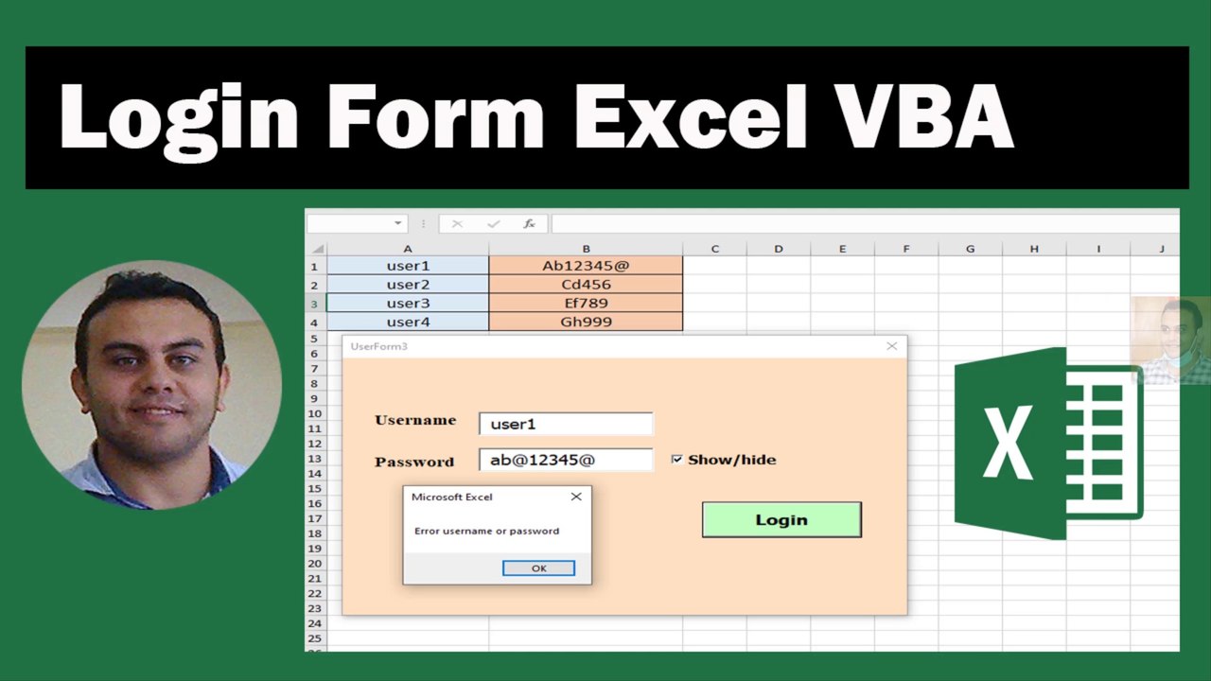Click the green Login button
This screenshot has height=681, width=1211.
(781, 519)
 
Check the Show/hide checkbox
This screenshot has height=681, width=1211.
(676, 460)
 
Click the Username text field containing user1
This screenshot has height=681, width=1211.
(566, 424)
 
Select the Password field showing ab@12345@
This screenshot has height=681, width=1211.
(566, 461)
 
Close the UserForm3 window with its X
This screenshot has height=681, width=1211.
(891, 346)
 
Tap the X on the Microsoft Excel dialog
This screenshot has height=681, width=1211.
(576, 497)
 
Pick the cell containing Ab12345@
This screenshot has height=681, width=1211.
(586, 266)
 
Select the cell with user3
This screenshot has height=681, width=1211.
(408, 304)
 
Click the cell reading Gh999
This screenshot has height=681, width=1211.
(586, 322)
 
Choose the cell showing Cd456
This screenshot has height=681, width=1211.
(586, 285)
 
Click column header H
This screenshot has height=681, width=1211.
(1034, 249)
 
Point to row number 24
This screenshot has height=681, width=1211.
(315, 623)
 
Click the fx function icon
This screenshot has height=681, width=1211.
(529, 224)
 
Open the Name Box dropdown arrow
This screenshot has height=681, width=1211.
(398, 224)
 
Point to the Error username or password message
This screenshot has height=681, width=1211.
(486, 532)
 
